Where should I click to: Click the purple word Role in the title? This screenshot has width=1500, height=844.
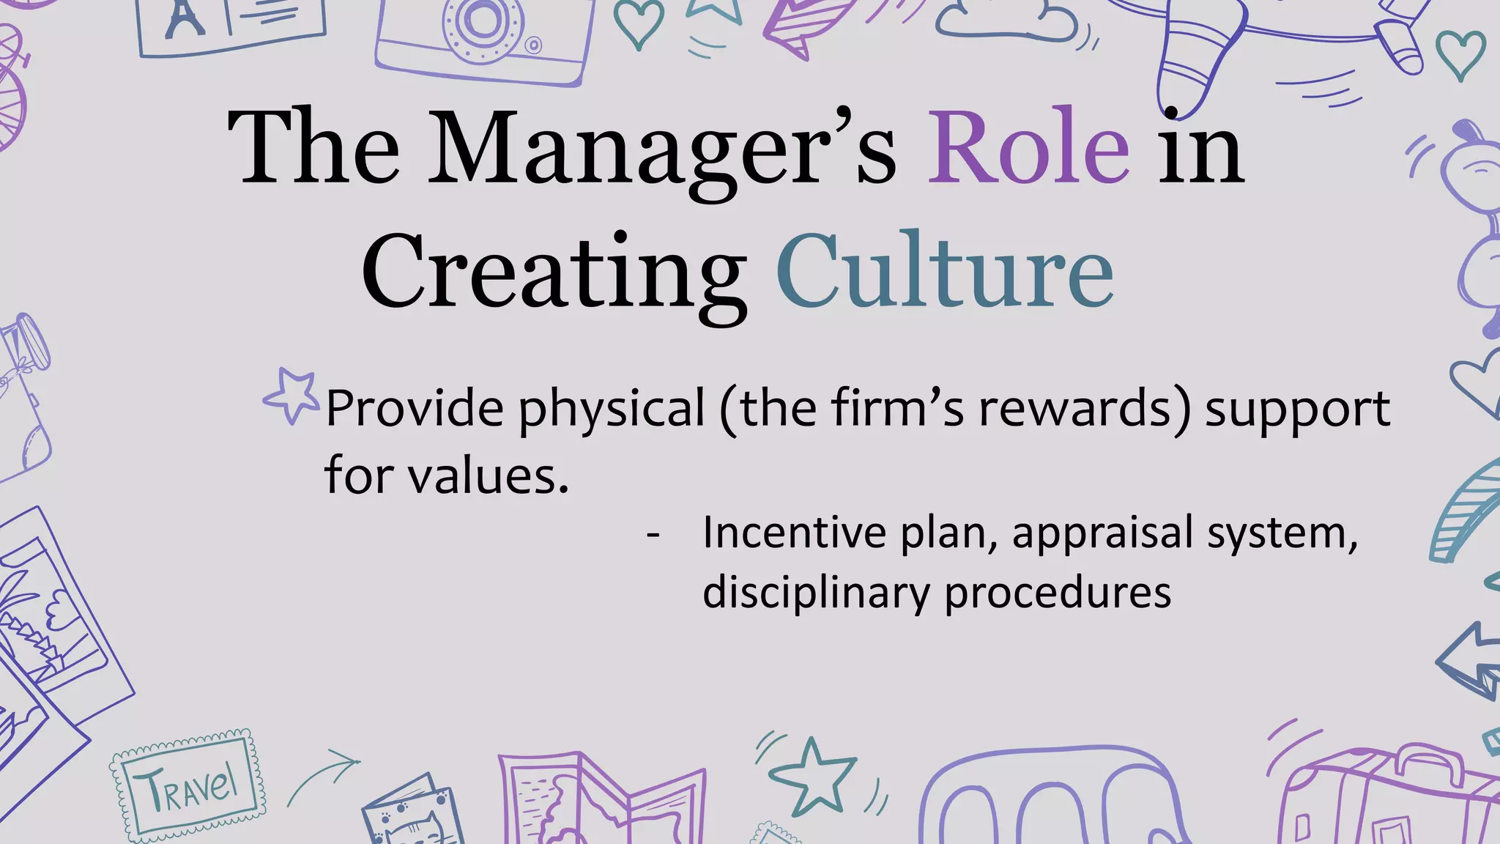pyautogui.click(x=1028, y=147)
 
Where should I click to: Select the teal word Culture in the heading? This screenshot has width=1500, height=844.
pyautogui.click(x=945, y=272)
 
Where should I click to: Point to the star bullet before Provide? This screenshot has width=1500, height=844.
pyautogui.click(x=292, y=396)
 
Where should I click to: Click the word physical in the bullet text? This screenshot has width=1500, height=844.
pyautogui.click(x=612, y=409)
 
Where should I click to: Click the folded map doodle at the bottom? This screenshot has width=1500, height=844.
pyautogui.click(x=601, y=802)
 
